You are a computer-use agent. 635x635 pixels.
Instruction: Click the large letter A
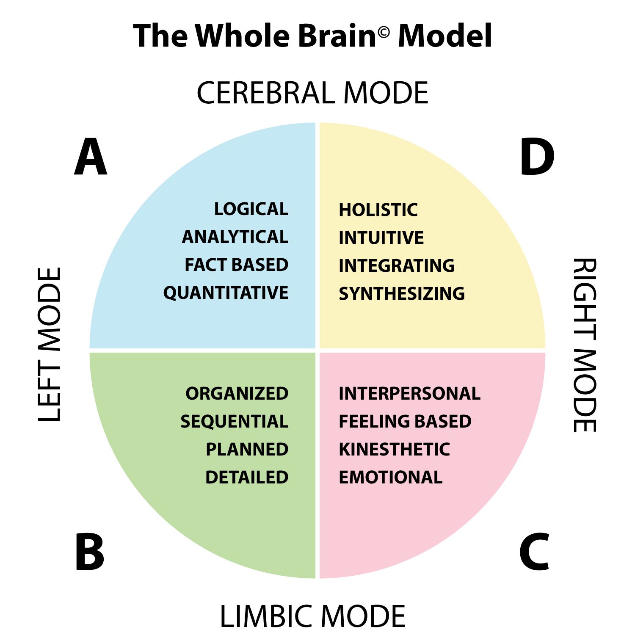(91, 157)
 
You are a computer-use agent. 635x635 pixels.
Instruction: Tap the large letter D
(537, 157)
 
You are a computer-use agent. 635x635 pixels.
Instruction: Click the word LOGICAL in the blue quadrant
(251, 209)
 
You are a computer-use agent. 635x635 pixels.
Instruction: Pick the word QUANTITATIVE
(226, 293)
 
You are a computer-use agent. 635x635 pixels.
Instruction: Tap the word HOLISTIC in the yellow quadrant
(378, 210)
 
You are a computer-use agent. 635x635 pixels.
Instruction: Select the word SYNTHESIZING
(401, 294)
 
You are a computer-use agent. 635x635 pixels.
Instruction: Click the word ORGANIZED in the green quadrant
(237, 394)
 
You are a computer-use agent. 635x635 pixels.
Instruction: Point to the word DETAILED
(247, 478)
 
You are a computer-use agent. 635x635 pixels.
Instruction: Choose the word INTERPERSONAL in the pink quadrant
(409, 394)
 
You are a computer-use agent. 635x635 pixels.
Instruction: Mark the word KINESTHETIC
(394, 450)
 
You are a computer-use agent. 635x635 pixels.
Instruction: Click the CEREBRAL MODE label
(312, 93)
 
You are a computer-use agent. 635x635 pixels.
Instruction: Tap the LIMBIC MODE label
(312, 616)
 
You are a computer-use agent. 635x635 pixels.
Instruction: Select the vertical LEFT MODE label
(50, 344)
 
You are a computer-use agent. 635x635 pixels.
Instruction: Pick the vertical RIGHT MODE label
(585, 345)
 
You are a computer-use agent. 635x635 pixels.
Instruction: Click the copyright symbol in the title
(384, 32)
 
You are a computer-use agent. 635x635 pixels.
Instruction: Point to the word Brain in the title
(337, 36)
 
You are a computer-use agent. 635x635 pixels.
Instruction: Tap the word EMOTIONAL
(390, 478)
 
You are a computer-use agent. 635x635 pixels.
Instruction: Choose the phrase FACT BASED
(236, 265)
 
